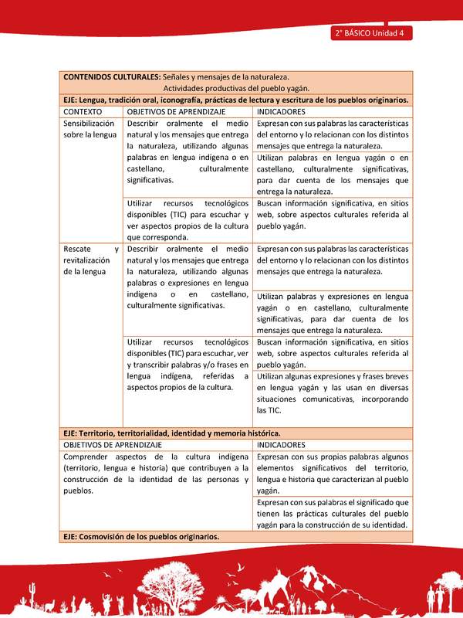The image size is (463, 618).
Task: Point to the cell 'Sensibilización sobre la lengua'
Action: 90,129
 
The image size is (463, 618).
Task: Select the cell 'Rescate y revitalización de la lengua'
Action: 91,260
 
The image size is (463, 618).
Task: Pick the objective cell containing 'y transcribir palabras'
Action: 188,364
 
